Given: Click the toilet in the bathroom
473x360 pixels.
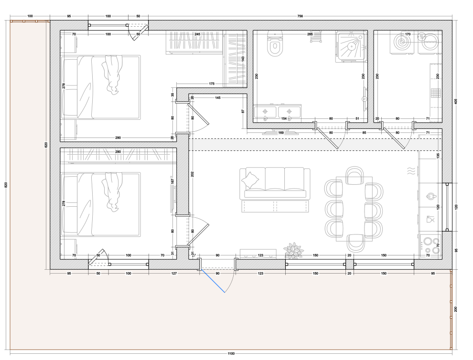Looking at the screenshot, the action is (x=275, y=43).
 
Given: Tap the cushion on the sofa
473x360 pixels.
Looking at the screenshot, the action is (x=250, y=180).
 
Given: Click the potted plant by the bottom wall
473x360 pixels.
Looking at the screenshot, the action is (x=293, y=250).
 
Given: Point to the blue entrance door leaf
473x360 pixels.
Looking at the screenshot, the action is (x=213, y=281).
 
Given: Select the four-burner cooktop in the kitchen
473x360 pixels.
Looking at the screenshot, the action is (x=430, y=246).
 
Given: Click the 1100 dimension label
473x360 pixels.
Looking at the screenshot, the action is (x=231, y=354).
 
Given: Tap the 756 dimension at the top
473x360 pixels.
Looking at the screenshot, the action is (x=300, y=16).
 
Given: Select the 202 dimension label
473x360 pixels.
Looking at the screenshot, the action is (x=193, y=174).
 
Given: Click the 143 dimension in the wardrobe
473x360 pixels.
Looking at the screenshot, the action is (x=243, y=59).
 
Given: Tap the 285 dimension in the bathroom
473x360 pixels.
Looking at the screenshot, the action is (x=310, y=34).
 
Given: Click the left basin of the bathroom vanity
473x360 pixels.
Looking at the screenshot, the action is (x=265, y=112).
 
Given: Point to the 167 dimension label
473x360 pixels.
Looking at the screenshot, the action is (x=172, y=181).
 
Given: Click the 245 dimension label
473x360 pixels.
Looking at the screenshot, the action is (x=197, y=34).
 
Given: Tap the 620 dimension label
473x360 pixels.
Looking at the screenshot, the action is (x=46, y=145).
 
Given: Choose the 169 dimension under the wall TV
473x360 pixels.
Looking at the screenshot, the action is (x=280, y=132).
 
